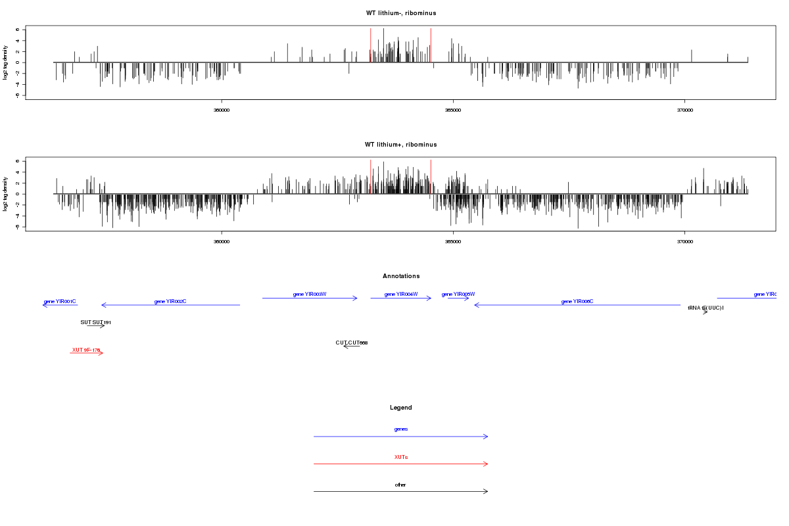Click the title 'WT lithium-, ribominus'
coord(401,13)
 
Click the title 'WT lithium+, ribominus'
coord(401,145)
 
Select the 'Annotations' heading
coord(401,276)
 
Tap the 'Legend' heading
coord(401,408)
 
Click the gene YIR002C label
coord(170,301)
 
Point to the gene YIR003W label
coord(310,294)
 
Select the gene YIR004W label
coord(401,294)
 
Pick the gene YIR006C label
coord(577,301)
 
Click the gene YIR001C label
coord(60,301)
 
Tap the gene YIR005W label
coord(458,294)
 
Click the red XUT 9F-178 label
coord(86,350)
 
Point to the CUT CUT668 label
coord(352,343)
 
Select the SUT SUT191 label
coord(96,322)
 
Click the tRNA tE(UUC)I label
coord(705,308)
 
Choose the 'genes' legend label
coord(401,429)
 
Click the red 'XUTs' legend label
coord(401,456)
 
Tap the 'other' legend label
coord(401,485)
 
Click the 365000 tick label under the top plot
coord(453,110)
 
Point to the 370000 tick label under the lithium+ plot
coord(684,241)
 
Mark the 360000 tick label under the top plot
coord(222,110)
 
